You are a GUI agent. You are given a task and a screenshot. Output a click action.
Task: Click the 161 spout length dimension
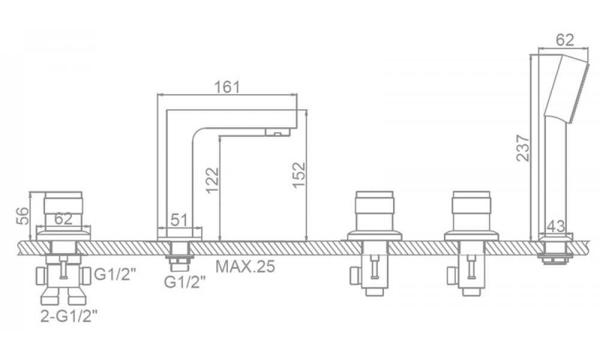(227, 87)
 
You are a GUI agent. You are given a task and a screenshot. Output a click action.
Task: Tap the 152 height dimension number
(299, 175)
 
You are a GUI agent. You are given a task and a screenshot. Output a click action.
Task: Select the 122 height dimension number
(212, 180)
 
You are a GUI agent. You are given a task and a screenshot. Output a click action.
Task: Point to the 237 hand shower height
(523, 148)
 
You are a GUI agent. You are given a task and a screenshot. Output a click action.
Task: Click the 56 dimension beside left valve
(22, 217)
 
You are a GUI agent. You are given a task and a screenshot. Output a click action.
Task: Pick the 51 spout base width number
(179, 220)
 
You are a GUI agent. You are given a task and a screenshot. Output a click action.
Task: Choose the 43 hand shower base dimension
(556, 226)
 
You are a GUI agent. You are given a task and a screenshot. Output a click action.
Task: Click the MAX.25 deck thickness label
(245, 266)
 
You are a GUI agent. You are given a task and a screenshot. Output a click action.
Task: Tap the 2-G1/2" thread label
(70, 316)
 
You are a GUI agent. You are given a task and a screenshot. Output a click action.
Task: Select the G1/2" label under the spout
(185, 282)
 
